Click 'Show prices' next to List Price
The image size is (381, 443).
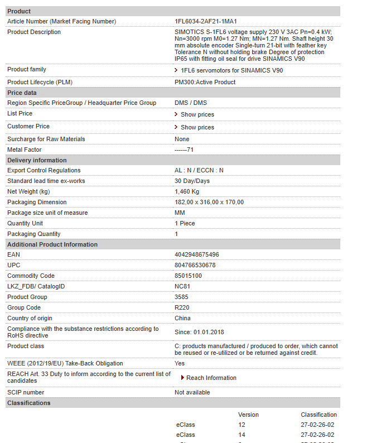(x=197, y=114)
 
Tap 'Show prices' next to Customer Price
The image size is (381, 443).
(x=197, y=127)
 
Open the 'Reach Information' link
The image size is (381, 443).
(x=211, y=378)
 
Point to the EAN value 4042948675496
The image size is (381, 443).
(x=196, y=254)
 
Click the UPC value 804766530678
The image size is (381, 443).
(x=195, y=265)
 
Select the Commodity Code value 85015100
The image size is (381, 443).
(x=188, y=276)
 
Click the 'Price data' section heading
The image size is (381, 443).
(x=22, y=93)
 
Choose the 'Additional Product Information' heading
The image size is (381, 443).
(x=52, y=244)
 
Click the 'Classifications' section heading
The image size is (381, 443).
(x=28, y=403)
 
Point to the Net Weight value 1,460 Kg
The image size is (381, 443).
(x=187, y=191)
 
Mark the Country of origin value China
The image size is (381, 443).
(x=182, y=318)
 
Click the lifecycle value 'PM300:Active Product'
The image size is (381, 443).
(x=205, y=82)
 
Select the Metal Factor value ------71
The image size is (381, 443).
(x=184, y=150)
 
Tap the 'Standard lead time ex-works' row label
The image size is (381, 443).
(x=47, y=181)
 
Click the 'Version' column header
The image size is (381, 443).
(x=248, y=415)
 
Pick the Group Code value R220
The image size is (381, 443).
(x=182, y=307)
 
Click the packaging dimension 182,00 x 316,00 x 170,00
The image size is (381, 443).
(x=209, y=202)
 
